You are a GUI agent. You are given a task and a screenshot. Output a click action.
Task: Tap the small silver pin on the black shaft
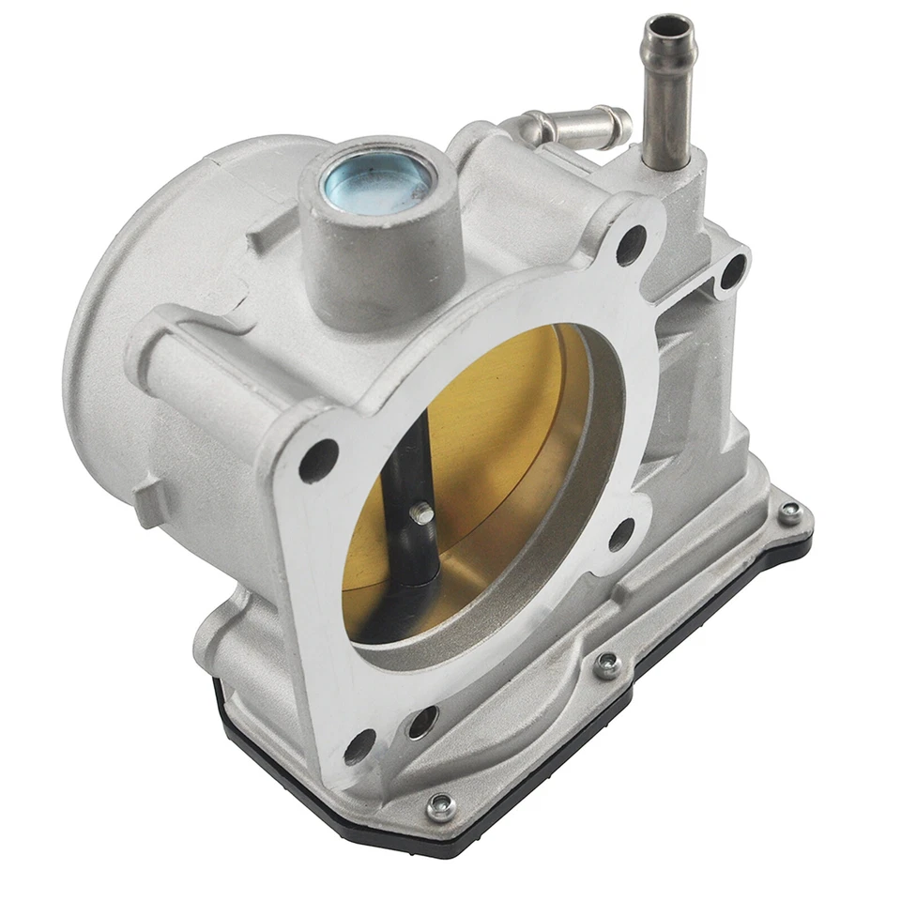tap(423, 512)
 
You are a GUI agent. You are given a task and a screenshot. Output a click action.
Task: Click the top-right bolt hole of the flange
tap(631, 243)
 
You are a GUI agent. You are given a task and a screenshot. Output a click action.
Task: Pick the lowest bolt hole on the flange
tap(359, 746)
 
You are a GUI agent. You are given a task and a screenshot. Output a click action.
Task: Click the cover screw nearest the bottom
tap(438, 805)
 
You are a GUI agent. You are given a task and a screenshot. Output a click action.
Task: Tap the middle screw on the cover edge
tap(607, 665)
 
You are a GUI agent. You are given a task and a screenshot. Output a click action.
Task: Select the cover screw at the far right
tap(789, 512)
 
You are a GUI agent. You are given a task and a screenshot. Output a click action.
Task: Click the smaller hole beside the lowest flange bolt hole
tap(421, 721)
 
